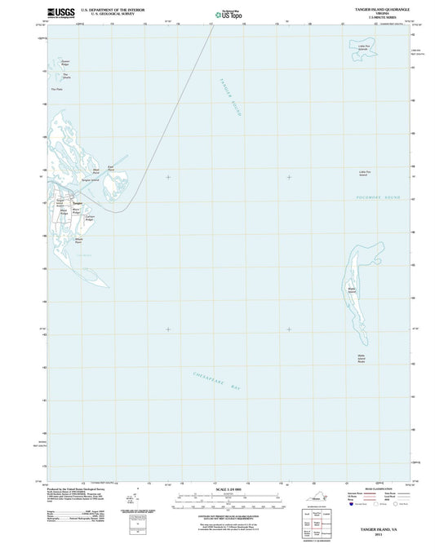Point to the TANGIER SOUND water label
coord(230,98)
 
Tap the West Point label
coord(95,173)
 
